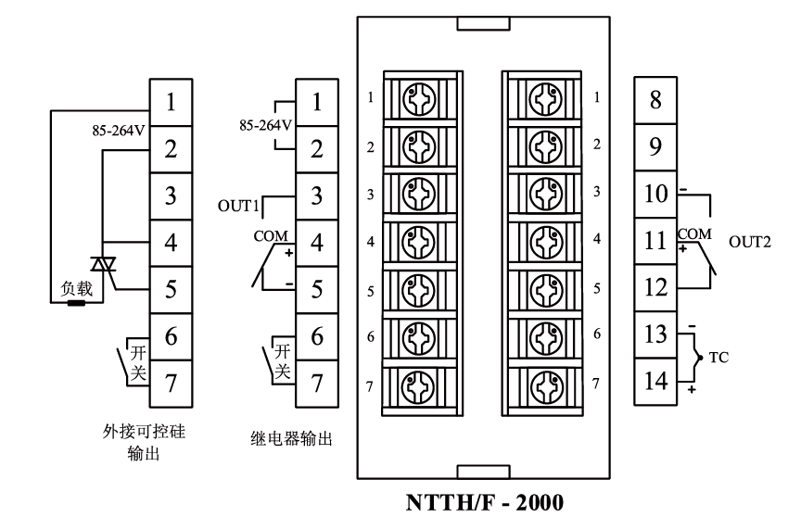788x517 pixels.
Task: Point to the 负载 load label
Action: click(x=77, y=289)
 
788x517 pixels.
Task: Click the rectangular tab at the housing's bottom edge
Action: click(x=483, y=473)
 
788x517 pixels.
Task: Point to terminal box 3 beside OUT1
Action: click(x=317, y=195)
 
